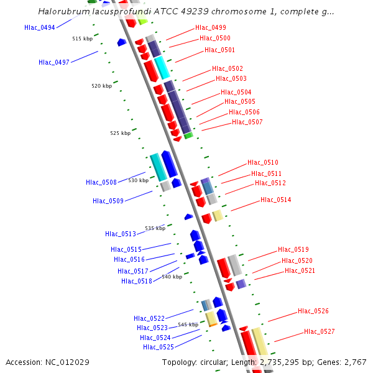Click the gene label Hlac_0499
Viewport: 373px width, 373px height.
(x=211, y=27)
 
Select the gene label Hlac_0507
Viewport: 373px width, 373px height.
(x=247, y=122)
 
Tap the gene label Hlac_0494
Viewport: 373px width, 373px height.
(x=40, y=27)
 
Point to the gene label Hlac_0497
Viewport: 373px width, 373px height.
(x=54, y=62)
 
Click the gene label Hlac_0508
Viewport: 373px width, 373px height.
(x=101, y=182)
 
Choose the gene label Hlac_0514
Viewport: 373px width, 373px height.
(x=276, y=200)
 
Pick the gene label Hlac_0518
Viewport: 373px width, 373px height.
(x=137, y=281)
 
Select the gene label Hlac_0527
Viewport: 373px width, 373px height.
(x=320, y=331)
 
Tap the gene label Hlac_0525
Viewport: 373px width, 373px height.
(x=159, y=347)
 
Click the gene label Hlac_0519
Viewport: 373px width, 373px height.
(x=293, y=249)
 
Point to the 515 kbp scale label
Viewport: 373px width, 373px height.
(x=82, y=39)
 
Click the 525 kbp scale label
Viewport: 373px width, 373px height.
(x=121, y=133)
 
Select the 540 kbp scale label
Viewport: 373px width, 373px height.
(x=172, y=277)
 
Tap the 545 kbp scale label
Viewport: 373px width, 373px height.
(x=188, y=325)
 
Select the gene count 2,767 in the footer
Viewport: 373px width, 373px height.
(x=354, y=362)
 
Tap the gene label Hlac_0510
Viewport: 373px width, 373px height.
(x=263, y=162)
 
